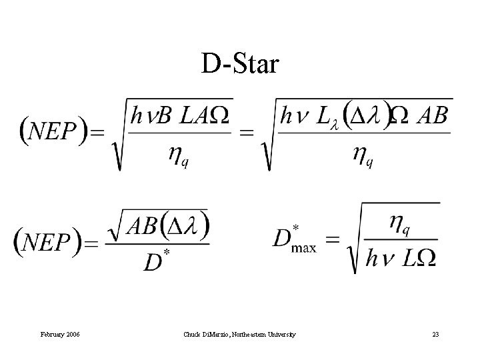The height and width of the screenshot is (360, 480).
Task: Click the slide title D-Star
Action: pos(241,65)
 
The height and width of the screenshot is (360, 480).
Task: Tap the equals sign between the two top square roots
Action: pos(246,132)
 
